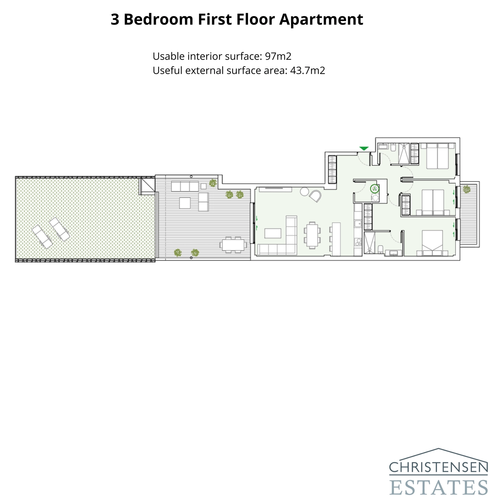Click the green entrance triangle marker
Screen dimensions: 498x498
click(364, 148)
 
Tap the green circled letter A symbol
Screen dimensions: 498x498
click(375, 189)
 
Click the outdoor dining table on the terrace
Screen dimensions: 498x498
click(233, 245)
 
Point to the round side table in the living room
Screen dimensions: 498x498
click(304, 191)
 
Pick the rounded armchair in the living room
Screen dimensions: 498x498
click(316, 196)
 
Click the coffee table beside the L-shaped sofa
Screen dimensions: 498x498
click(273, 233)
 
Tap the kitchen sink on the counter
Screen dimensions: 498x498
click(358, 223)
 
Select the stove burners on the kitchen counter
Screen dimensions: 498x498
click(358, 242)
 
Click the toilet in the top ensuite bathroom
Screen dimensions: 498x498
click(393, 148)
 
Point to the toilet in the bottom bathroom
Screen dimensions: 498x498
click(380, 249)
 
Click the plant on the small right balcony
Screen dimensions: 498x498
click(466, 189)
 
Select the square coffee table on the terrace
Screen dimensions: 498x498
click(185, 203)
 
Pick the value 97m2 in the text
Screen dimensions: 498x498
click(278, 56)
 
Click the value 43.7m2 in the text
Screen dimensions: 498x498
click(308, 71)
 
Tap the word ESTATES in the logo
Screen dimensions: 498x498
click(438, 487)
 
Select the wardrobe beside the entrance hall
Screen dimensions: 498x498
click(332, 170)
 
